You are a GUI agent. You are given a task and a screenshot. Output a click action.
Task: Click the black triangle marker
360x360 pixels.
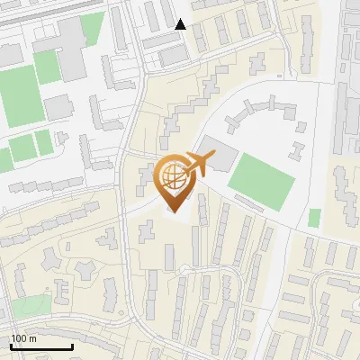(181, 24)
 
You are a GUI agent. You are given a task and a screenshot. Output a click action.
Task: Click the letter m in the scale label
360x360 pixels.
(32, 338)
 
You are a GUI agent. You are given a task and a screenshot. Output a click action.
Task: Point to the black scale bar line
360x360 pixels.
(41, 346)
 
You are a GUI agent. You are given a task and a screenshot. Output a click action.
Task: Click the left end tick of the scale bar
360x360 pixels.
(12, 345)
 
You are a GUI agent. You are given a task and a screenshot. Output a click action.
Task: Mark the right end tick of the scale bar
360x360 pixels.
(72, 345)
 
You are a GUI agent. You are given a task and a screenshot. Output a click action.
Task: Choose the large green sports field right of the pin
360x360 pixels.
(262, 178)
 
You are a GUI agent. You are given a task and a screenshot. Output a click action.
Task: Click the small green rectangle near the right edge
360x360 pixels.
(314, 218)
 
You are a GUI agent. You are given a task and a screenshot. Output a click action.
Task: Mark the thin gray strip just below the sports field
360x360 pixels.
(248, 204)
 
